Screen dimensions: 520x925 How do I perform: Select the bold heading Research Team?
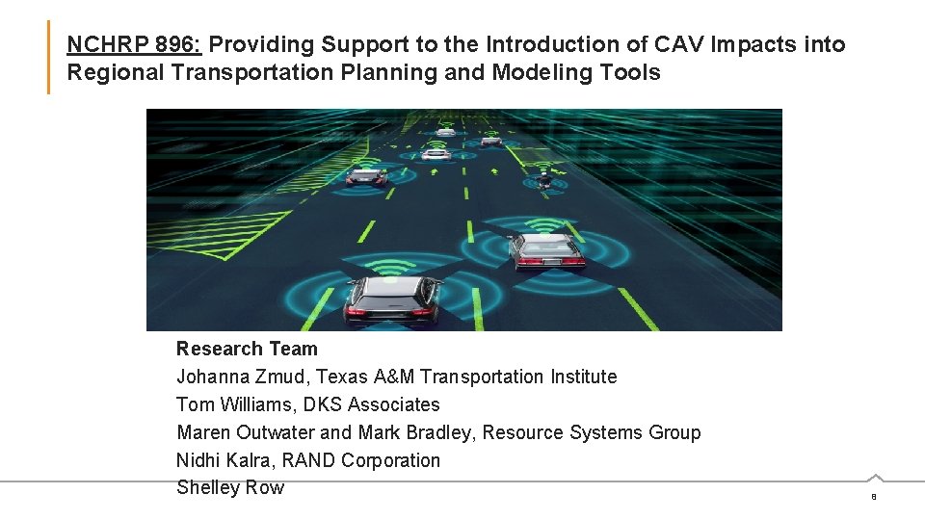247,349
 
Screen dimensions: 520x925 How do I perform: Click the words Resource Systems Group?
592,432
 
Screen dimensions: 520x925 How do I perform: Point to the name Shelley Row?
230,487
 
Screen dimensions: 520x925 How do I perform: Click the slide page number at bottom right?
874,497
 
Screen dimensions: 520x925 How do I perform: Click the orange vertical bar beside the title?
48,58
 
